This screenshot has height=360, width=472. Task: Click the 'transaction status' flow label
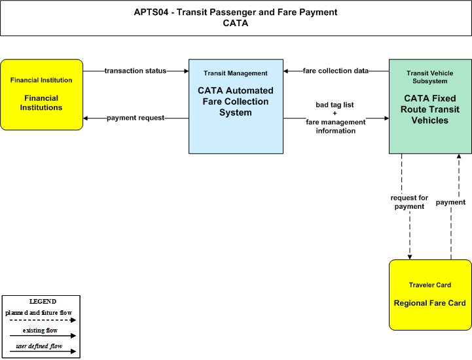[136, 71]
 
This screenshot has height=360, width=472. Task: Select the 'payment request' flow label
[136, 118]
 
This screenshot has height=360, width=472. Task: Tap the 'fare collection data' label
[336, 71]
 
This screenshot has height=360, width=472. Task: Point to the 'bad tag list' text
[335, 105]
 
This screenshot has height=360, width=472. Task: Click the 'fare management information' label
[336, 126]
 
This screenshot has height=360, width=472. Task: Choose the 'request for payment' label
[409, 202]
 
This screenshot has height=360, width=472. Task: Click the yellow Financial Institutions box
[41, 94]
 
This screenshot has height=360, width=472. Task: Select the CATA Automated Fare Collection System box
[236, 106]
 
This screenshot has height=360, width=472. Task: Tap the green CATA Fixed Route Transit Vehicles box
[431, 106]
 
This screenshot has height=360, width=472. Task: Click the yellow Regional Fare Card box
[431, 295]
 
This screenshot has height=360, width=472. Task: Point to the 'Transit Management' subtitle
[236, 73]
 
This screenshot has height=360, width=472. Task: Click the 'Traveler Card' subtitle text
[430, 285]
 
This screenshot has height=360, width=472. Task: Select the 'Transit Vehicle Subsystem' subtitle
[430, 77]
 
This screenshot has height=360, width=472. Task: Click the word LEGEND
[43, 301]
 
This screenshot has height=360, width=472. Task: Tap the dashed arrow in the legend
[43, 320]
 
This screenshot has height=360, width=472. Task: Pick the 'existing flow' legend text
[41, 330]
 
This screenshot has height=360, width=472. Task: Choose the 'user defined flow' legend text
[39, 346]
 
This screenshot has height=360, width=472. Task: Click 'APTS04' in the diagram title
[151, 12]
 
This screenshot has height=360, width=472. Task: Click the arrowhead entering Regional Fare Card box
[410, 257]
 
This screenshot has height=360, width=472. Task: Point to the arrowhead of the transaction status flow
[187, 71]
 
